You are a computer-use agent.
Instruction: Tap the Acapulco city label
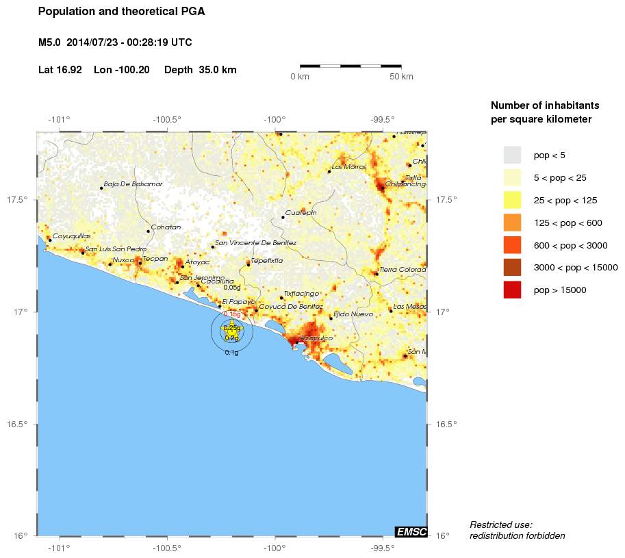tap(316, 338)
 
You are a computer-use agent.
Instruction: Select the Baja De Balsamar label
tap(133, 183)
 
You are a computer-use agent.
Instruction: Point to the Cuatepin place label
tap(301, 213)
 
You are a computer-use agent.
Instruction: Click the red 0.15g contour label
tap(232, 314)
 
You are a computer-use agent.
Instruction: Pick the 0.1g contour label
tap(232, 353)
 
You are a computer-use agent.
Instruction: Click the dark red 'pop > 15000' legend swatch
tap(512, 290)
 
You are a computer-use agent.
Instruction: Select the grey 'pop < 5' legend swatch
tap(512, 155)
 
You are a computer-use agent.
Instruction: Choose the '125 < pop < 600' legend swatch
tap(512, 223)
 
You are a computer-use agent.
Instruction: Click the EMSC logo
tap(411, 531)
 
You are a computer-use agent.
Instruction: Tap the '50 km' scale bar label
tap(401, 77)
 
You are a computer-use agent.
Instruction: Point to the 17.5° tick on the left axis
tap(18, 200)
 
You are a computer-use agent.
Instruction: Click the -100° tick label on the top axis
tap(275, 120)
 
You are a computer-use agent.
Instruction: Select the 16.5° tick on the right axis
tap(446, 424)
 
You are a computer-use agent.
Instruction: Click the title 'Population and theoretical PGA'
tap(121, 12)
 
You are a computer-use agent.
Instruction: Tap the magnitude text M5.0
tap(50, 42)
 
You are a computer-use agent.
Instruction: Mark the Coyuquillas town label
tap(72, 236)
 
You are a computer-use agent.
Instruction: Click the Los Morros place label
tap(349, 167)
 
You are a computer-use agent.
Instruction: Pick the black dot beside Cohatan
tap(148, 231)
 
